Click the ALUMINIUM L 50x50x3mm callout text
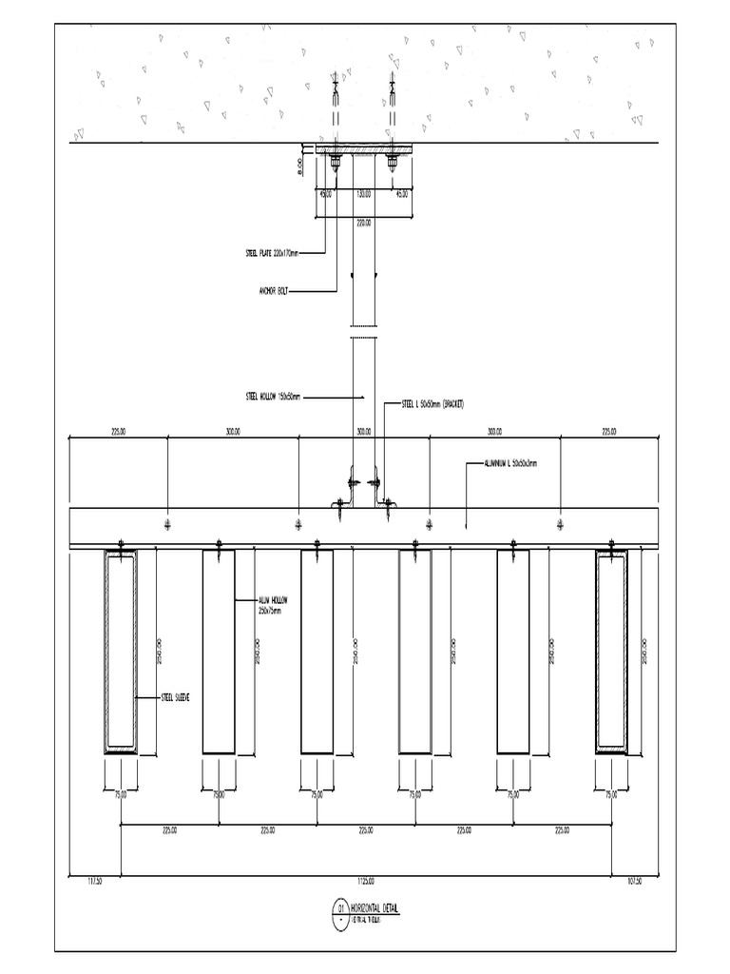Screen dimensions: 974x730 (x=509, y=464)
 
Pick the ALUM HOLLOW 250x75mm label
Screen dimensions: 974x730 (x=272, y=605)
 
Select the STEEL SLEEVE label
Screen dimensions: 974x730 (x=176, y=697)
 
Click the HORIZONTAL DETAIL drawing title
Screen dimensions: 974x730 (x=375, y=909)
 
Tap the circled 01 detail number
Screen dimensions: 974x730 (x=339, y=910)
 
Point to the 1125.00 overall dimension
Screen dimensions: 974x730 (x=365, y=880)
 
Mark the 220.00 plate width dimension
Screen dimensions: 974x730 (x=363, y=224)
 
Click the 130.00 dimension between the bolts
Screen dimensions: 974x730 (x=363, y=193)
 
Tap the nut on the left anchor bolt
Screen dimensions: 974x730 (x=336, y=164)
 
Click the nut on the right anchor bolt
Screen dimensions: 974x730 (x=392, y=164)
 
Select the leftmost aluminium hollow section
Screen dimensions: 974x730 (x=121, y=652)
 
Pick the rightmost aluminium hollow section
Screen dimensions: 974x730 (x=611, y=652)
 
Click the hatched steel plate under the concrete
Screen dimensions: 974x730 (x=363, y=149)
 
